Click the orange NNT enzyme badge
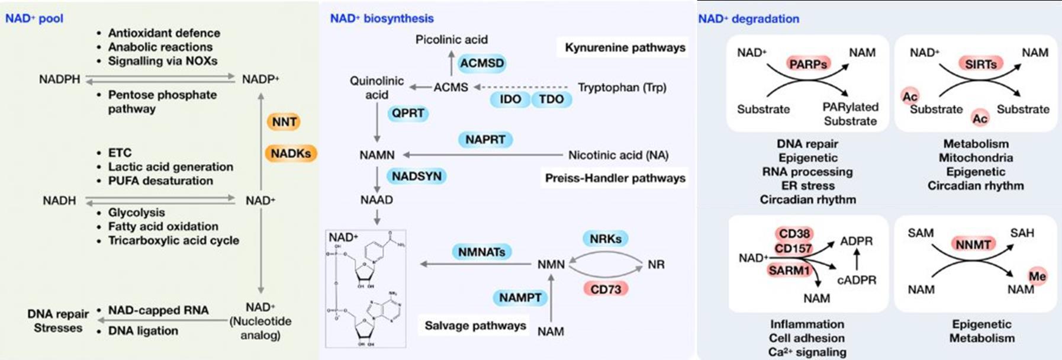(x=284, y=122)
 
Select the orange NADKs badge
(x=291, y=153)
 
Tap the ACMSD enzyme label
(x=482, y=63)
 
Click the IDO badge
(x=510, y=99)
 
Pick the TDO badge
(x=551, y=99)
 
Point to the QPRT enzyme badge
(x=408, y=113)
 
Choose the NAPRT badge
(x=485, y=140)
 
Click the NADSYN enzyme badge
(x=416, y=176)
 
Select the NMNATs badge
(x=481, y=252)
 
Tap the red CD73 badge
(x=606, y=289)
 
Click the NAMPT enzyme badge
(x=520, y=297)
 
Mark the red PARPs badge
(x=807, y=63)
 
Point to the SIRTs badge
(x=980, y=64)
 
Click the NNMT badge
(x=973, y=244)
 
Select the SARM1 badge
(x=789, y=271)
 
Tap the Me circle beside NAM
(x=1037, y=276)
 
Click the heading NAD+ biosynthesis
(x=382, y=18)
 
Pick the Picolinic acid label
(x=451, y=40)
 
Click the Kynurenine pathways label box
(x=625, y=47)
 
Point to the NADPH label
(x=59, y=79)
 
